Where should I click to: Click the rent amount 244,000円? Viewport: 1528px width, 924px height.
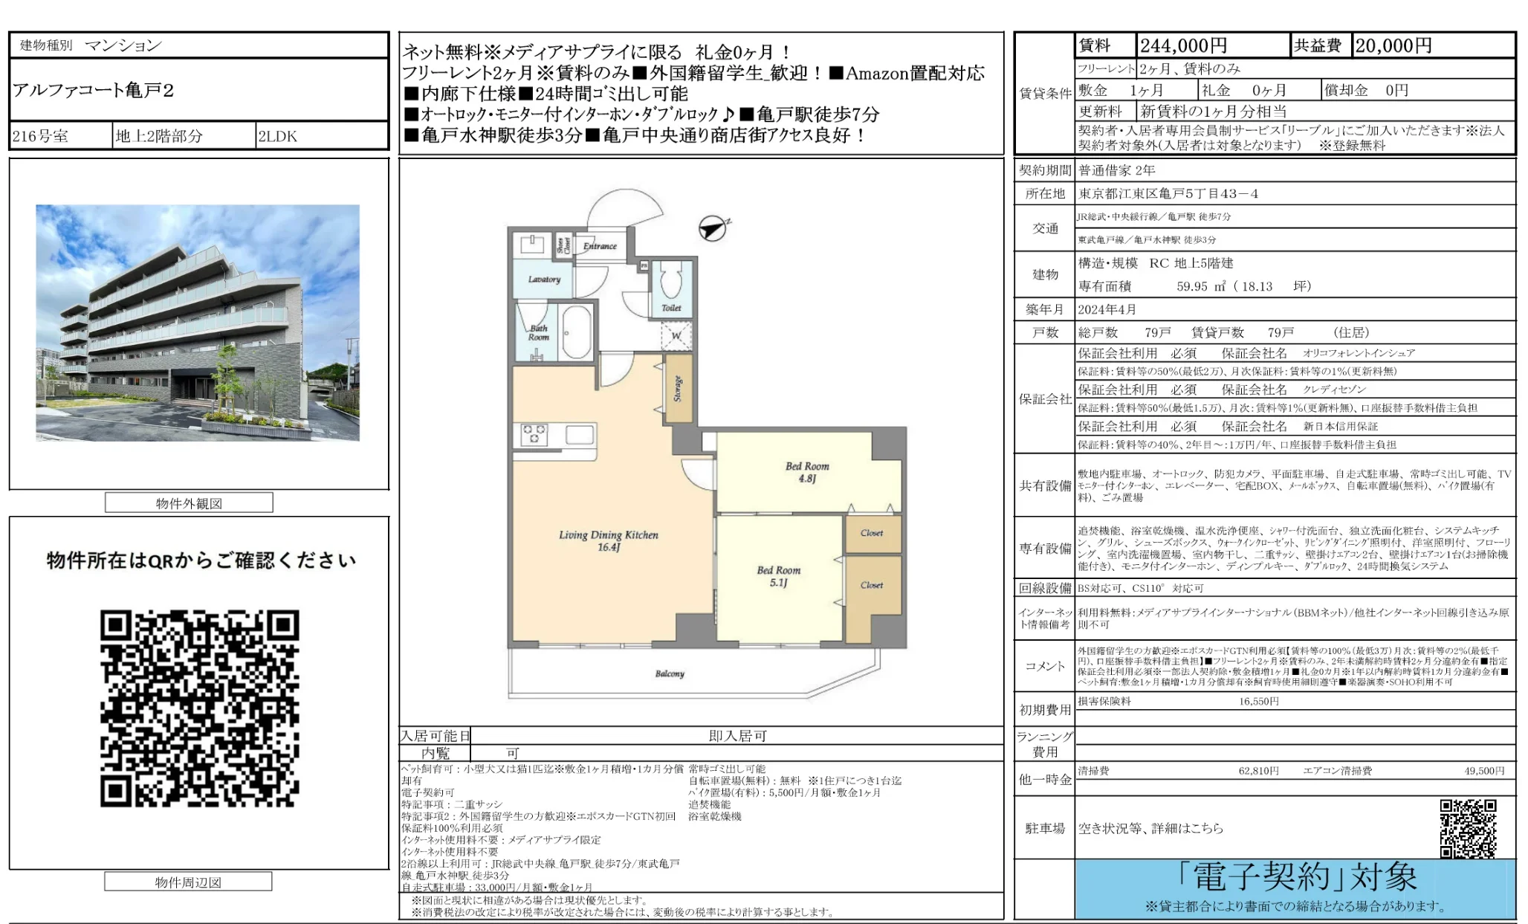click(1183, 46)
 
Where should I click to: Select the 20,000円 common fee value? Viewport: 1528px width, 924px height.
click(1393, 46)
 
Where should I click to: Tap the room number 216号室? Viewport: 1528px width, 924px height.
click(40, 136)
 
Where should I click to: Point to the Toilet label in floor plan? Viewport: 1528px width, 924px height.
click(671, 307)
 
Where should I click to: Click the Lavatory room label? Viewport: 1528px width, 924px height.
click(544, 280)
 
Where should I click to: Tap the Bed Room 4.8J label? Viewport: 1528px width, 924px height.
click(807, 472)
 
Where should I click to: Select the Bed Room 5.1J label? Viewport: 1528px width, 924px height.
click(778, 576)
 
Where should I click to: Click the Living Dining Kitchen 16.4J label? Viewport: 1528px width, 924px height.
click(609, 540)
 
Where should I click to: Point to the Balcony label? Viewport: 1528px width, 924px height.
click(670, 673)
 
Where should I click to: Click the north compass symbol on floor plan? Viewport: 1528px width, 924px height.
click(713, 228)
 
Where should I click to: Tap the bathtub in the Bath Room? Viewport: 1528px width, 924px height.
click(577, 332)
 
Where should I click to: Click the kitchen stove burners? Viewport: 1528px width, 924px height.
click(534, 434)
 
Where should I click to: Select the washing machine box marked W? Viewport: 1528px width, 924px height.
click(676, 336)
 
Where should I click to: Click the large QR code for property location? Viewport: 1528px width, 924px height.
click(199, 708)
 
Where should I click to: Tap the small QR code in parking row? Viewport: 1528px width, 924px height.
click(1467, 828)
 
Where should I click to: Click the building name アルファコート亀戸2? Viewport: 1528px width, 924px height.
click(93, 91)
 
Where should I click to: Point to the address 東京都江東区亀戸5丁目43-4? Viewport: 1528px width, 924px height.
click(1168, 194)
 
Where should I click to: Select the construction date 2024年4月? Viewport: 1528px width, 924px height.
click(1107, 309)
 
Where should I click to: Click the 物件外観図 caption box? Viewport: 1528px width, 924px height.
click(189, 503)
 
